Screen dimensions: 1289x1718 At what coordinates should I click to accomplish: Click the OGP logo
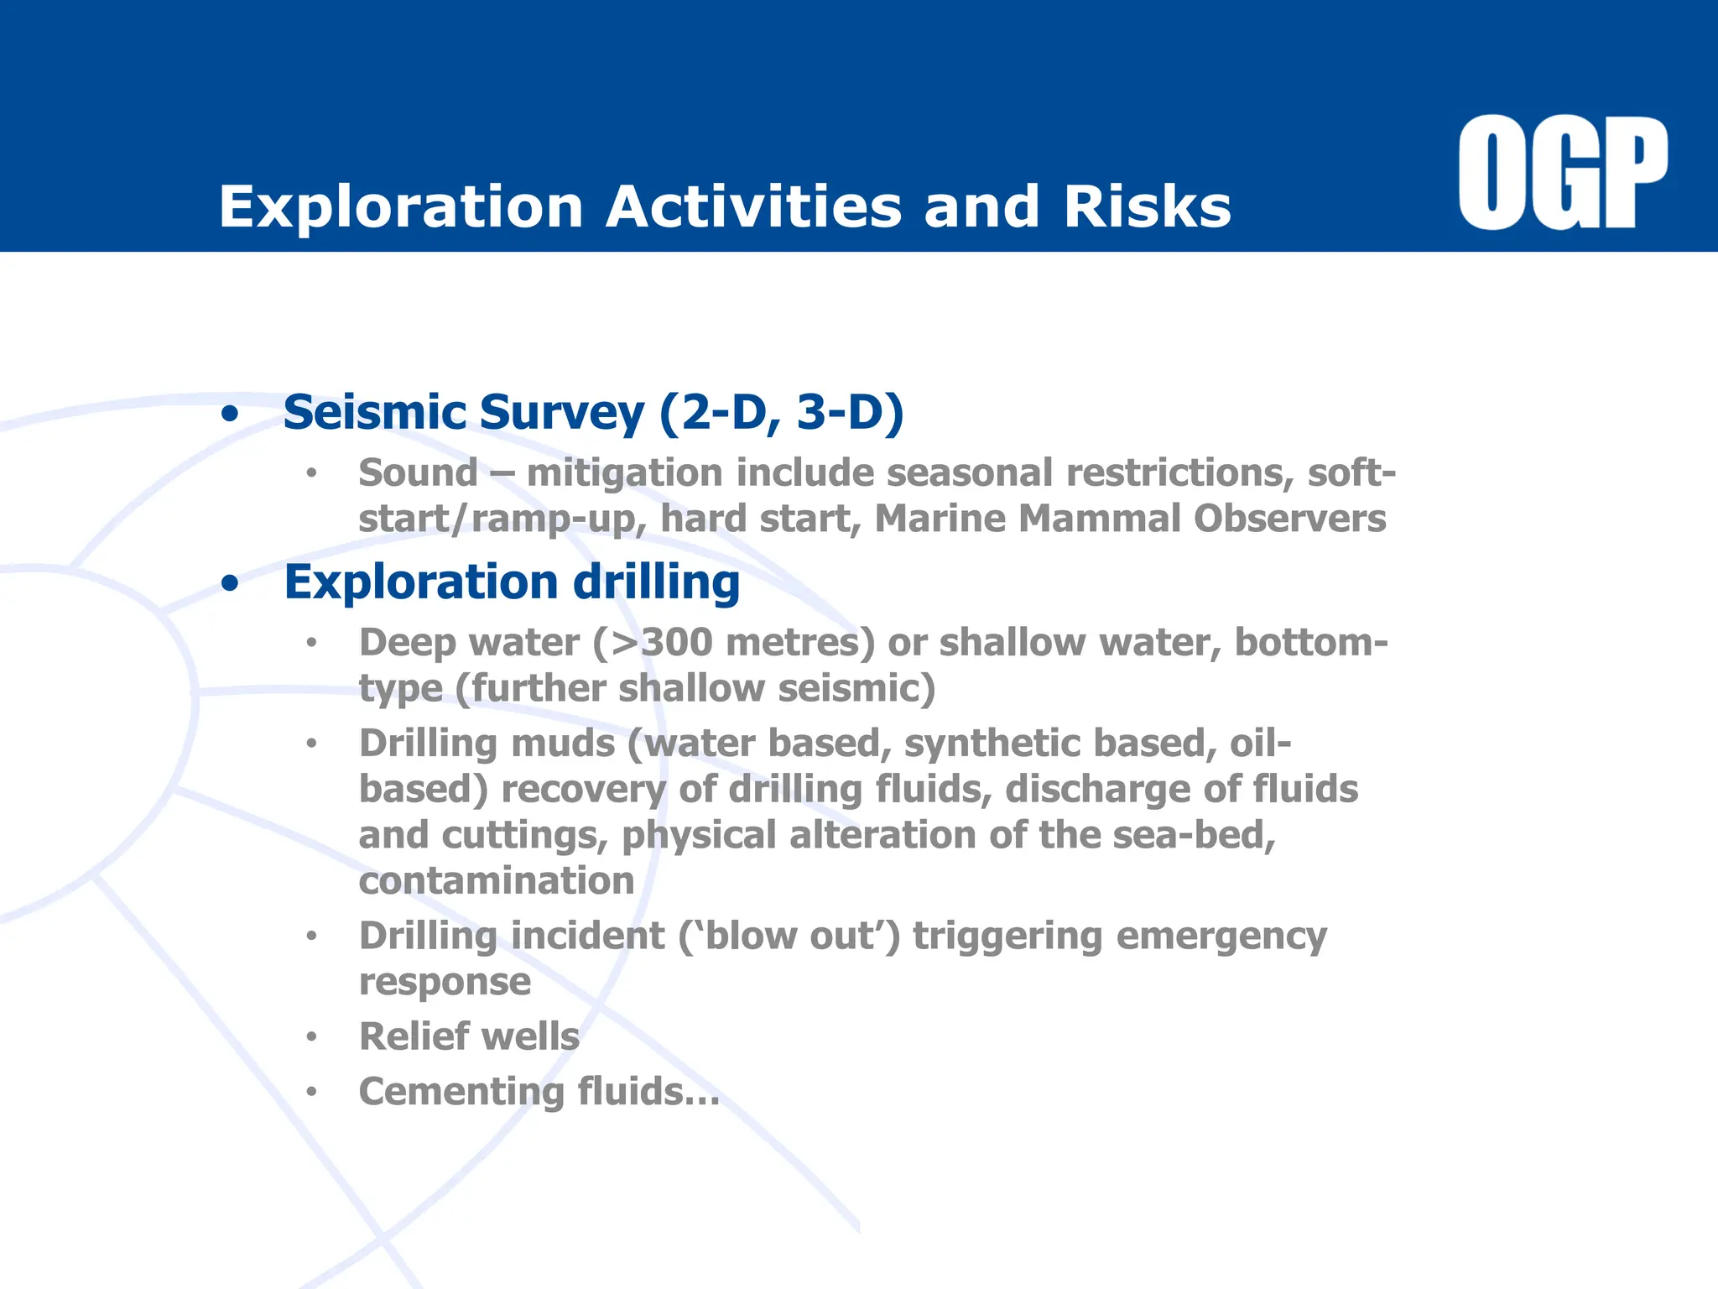1562,174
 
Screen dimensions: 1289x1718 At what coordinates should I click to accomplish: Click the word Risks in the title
1147,206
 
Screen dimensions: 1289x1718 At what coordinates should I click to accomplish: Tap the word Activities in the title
752,206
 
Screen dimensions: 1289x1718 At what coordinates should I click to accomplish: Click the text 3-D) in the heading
850,413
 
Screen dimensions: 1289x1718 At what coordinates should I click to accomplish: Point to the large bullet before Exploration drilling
230,584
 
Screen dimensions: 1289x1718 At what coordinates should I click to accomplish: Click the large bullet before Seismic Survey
230,415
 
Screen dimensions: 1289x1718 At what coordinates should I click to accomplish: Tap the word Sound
418,472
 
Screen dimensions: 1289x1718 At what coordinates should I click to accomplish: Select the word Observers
1290,519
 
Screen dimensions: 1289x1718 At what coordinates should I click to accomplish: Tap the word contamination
496,881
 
